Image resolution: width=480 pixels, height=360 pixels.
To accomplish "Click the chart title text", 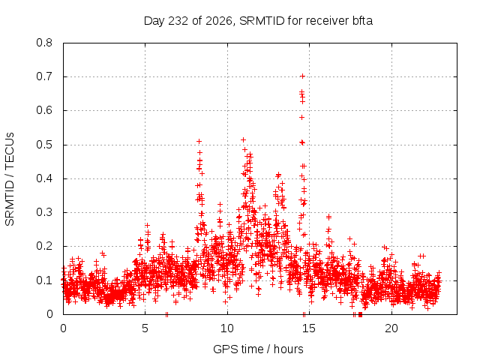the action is pyautogui.click(x=258, y=21).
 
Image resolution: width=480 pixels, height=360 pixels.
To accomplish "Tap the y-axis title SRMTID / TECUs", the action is pyautogui.click(x=10, y=179).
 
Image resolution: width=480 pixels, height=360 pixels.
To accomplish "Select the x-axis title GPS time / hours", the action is pyautogui.click(x=258, y=349).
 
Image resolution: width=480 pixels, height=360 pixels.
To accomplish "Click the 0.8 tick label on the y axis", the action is pyautogui.click(x=44, y=43).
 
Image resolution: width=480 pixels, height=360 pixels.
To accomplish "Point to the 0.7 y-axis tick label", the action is pyautogui.click(x=44, y=76).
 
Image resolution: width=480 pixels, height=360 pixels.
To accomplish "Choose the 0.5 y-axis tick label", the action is pyautogui.click(x=44, y=145).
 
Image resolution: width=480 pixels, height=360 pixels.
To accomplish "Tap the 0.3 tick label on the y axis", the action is pyautogui.click(x=44, y=212).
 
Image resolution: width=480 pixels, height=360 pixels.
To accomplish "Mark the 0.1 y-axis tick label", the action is pyautogui.click(x=44, y=280).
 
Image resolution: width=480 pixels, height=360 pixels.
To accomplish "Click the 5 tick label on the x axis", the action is pyautogui.click(x=145, y=328).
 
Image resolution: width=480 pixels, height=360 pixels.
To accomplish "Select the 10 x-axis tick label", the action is pyautogui.click(x=227, y=328).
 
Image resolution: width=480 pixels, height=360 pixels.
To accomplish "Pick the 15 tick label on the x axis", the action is pyautogui.click(x=309, y=328).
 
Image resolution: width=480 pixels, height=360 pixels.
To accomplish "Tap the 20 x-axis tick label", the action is pyautogui.click(x=391, y=328).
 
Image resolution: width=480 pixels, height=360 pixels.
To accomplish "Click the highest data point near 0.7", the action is pyautogui.click(x=302, y=76).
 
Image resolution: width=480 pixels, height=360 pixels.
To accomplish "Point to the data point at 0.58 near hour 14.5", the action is pyautogui.click(x=301, y=117).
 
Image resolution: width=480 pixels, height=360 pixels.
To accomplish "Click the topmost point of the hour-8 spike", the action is pyautogui.click(x=199, y=141).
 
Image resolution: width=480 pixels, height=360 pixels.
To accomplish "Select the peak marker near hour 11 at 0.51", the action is pyautogui.click(x=243, y=140).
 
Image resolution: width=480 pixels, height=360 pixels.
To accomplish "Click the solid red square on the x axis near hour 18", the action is pyautogui.click(x=360, y=314).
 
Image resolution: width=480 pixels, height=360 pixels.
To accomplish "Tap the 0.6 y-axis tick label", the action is pyautogui.click(x=44, y=110).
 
